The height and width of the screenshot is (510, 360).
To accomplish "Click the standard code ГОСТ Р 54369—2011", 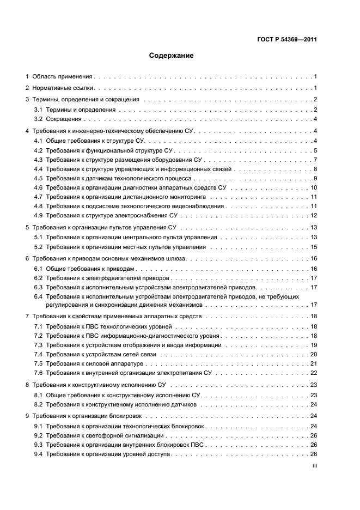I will pos(286,40).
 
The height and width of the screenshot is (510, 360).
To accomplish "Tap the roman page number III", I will pos(314,467).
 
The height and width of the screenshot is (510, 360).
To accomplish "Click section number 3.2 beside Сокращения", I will pos(38,119).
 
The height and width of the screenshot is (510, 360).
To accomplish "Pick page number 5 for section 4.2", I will pos(315,150).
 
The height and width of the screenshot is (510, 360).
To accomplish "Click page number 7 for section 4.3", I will pos(315,160).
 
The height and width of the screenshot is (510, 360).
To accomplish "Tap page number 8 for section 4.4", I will pos(315,169).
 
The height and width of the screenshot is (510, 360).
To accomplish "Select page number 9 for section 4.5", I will pos(315,179).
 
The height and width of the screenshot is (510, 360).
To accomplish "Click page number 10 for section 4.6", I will pos(314,188).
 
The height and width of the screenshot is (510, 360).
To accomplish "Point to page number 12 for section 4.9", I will pos(314,216).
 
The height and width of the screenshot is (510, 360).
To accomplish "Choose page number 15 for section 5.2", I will pos(314,247).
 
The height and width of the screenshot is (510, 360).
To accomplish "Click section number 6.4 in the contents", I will pos(38,296).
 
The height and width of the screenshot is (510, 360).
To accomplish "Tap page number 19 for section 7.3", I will pos(314,345).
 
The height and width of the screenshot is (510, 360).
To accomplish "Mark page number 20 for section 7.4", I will pos(314,355).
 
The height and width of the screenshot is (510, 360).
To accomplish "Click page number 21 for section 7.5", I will pos(314,363).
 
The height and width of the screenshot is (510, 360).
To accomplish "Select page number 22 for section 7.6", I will pos(314,373).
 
